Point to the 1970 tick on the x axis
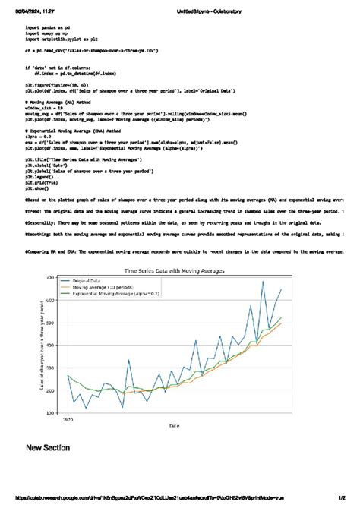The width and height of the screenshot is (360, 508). point(68,418)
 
